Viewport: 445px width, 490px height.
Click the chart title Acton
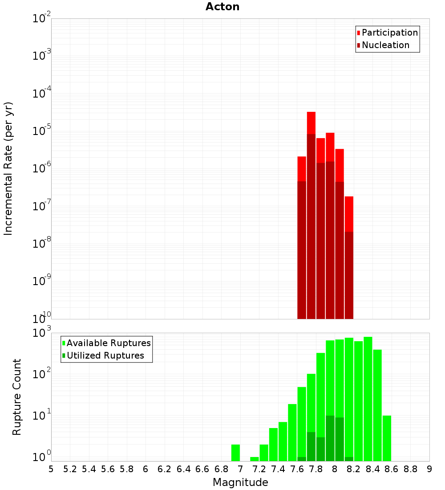[222, 7]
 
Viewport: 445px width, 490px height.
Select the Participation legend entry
[388, 33]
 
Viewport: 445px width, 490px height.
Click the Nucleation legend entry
[383, 45]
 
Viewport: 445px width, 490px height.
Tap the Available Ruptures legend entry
[106, 343]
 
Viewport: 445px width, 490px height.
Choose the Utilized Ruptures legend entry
[103, 355]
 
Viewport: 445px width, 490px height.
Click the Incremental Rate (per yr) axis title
[8, 169]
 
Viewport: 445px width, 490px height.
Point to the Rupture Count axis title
[17, 397]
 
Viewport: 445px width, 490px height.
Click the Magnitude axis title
[240, 482]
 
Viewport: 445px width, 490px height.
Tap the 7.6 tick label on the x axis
[297, 469]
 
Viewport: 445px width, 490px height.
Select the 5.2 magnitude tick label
[70, 469]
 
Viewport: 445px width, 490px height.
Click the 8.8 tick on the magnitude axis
[411, 469]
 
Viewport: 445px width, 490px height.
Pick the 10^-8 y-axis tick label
[42, 243]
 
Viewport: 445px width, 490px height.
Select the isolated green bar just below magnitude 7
[235, 453]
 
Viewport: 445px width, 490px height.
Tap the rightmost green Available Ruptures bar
[387, 438]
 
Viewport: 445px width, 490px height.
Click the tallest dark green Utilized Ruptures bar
[330, 438]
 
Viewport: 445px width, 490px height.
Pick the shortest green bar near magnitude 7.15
[255, 459]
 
